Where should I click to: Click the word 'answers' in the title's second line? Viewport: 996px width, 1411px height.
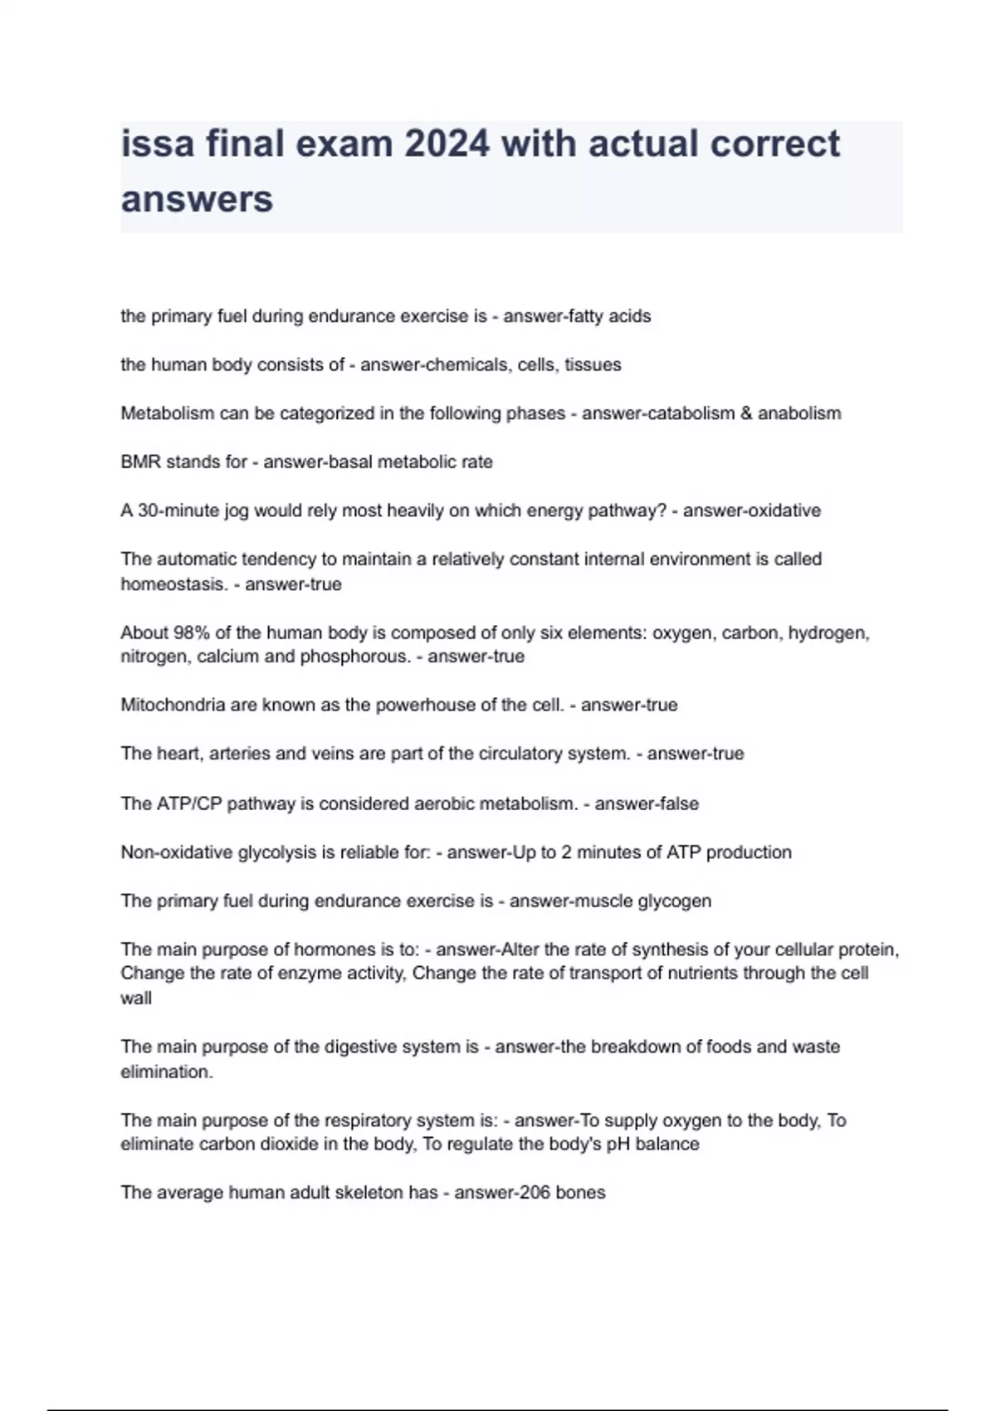(x=197, y=199)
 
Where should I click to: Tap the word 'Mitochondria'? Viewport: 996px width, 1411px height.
(x=173, y=705)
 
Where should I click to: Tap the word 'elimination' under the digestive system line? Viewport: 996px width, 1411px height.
(x=165, y=1072)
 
